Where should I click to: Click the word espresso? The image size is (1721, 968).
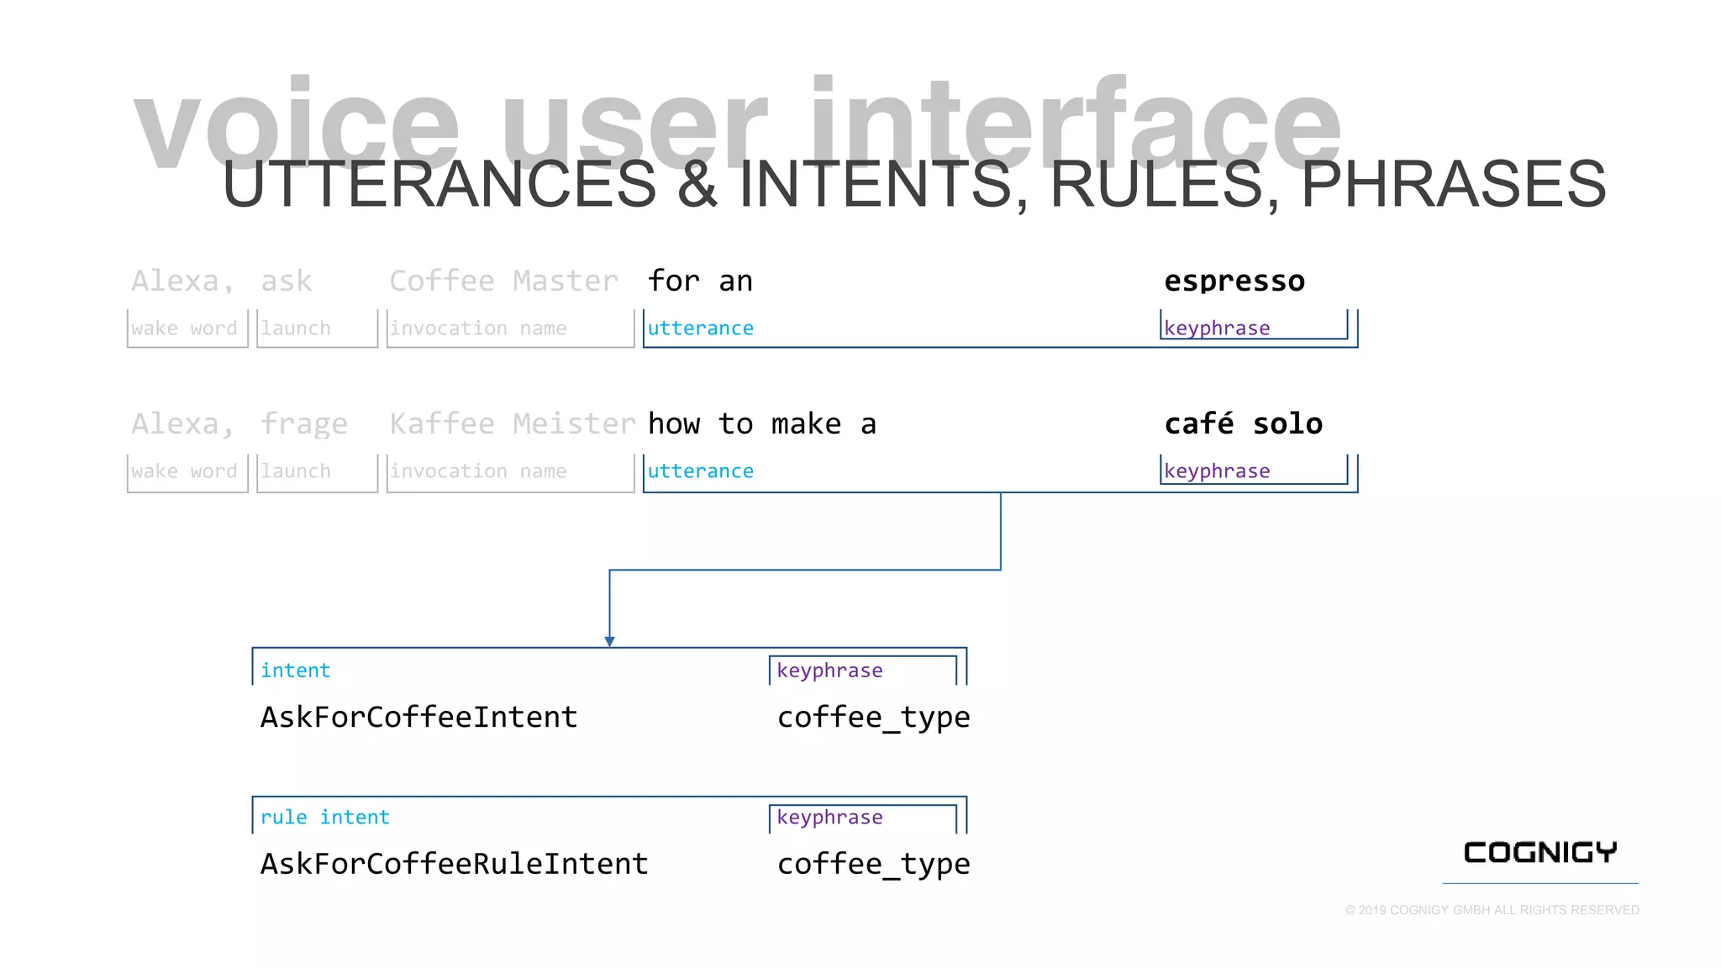[x=1234, y=281]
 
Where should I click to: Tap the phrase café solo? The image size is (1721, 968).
[x=1243, y=423]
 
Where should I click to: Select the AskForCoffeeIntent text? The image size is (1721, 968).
[x=418, y=718]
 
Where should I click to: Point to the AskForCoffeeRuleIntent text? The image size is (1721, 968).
[x=454, y=864]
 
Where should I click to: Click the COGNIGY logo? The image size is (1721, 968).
[x=1539, y=853]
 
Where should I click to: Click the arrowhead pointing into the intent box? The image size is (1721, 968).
[x=609, y=641]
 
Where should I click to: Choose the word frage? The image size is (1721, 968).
[x=303, y=424]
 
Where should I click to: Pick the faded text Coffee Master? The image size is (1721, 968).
[x=503, y=281]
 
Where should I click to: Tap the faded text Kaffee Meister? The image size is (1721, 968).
[x=512, y=423]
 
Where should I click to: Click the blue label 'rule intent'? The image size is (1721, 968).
[x=324, y=818]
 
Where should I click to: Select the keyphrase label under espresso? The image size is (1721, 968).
[x=1217, y=329]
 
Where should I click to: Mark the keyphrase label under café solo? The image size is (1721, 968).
[x=1217, y=471]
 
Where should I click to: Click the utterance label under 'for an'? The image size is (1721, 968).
[x=700, y=329]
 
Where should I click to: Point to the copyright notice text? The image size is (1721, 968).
[x=1492, y=910]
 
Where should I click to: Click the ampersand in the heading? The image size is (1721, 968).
[x=697, y=185]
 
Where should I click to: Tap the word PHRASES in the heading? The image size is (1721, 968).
[x=1453, y=185]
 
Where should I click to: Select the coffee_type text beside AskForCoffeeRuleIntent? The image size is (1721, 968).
[x=873, y=864]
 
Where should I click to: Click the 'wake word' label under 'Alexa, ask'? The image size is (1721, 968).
[x=184, y=329]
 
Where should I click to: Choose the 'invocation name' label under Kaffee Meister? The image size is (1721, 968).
[x=478, y=471]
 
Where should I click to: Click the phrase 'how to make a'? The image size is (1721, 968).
[x=761, y=423]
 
